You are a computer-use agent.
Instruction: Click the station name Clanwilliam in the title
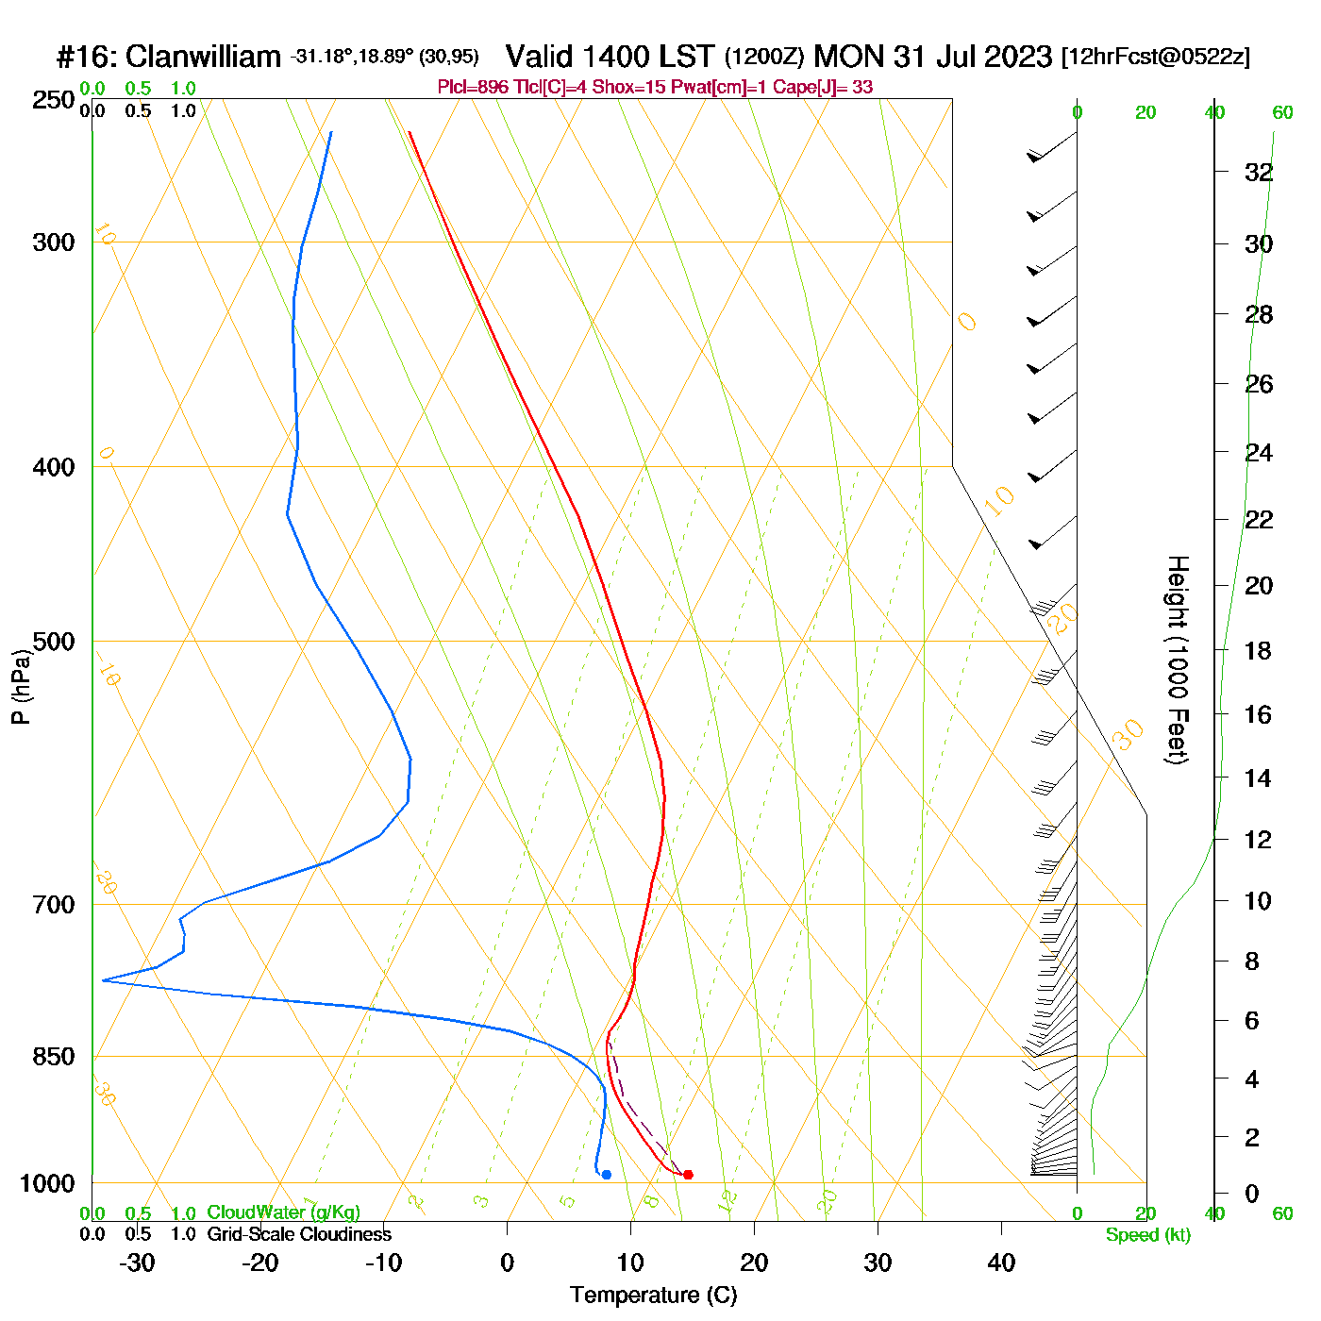click(x=203, y=57)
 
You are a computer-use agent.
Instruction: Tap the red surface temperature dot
click(x=688, y=1174)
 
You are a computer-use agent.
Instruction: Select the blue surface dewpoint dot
click(x=606, y=1174)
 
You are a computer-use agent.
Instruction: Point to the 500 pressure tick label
click(x=54, y=642)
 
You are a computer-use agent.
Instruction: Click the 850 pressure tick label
click(x=54, y=1057)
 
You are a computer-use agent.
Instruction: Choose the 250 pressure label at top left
click(x=54, y=100)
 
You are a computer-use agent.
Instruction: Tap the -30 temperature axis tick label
click(x=137, y=1262)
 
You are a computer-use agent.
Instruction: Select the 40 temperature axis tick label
click(x=1001, y=1262)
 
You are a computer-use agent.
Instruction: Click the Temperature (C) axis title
click(x=653, y=1295)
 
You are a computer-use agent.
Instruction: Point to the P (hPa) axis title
click(x=21, y=687)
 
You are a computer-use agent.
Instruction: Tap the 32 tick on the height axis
click(x=1259, y=173)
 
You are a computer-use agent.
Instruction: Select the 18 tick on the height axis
click(x=1259, y=651)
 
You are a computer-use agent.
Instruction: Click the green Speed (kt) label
click(x=1147, y=1235)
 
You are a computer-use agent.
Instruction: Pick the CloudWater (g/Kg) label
click(x=283, y=1212)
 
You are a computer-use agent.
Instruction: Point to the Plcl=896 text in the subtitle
click(x=473, y=88)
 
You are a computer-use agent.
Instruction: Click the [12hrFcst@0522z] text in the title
click(x=1155, y=57)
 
